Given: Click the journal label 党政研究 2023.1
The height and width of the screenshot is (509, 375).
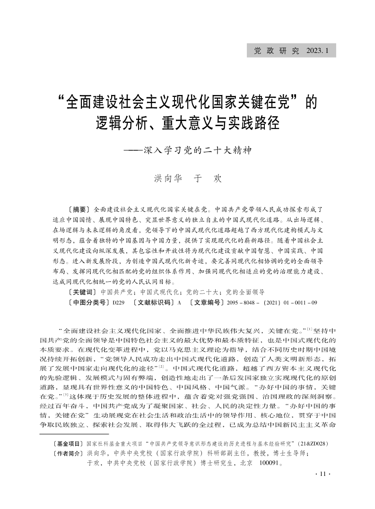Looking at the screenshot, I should pyautogui.click(x=290, y=51).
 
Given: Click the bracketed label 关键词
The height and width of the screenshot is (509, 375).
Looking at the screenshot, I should pyautogui.click(x=83, y=293).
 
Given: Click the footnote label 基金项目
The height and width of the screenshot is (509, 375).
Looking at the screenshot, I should pyautogui.click(x=68, y=445).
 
